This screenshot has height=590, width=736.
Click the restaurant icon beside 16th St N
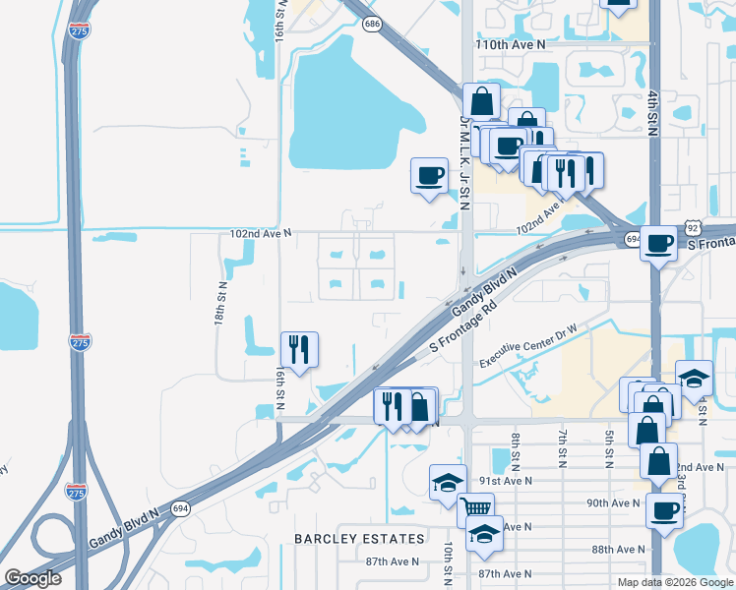pos(299,349)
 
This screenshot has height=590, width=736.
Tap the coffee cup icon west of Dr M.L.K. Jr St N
pos(429,176)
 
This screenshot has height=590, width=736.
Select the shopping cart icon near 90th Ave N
pos(476,508)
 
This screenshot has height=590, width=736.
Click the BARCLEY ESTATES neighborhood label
pos(360,539)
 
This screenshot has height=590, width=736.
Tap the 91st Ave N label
pos(506,482)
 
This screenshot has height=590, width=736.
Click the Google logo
pos(32,578)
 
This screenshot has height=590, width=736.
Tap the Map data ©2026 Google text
pos(674,582)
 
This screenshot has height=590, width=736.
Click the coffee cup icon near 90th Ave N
pos(664,510)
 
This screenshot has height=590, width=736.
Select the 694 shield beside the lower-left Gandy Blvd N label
pos(179,508)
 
